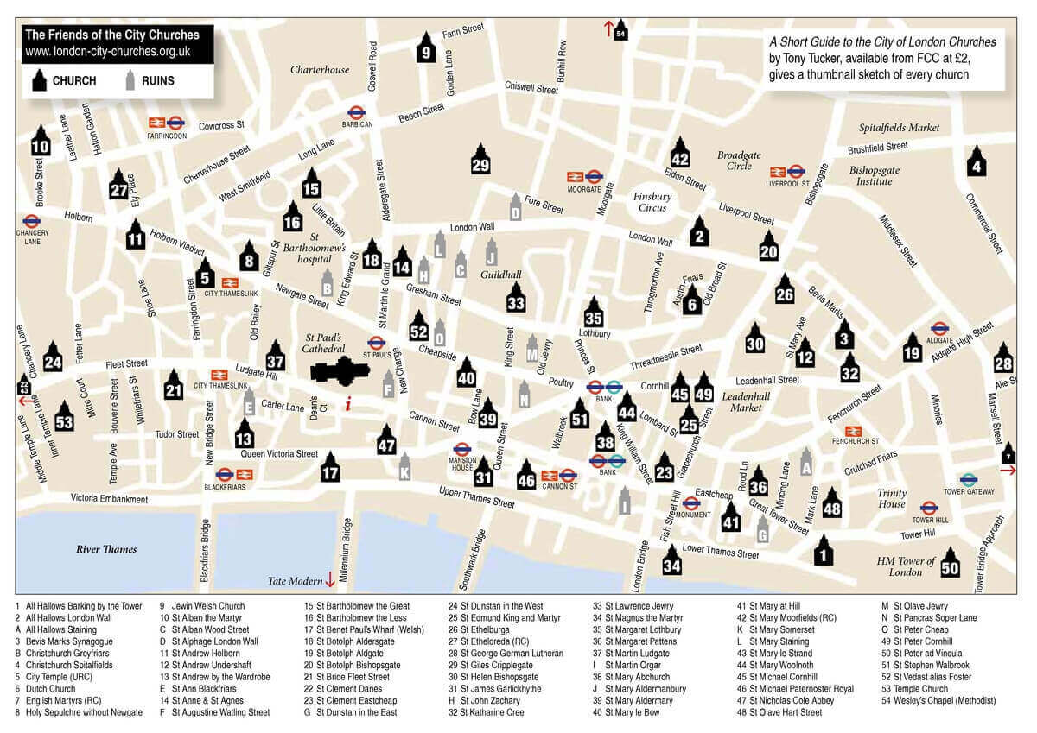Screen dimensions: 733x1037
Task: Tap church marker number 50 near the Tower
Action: tap(950, 564)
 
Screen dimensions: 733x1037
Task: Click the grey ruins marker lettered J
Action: tap(491, 253)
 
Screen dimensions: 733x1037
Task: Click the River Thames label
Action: tap(106, 549)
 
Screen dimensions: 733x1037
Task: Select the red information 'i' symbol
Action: tap(347, 403)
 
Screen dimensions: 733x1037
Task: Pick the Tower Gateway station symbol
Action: tap(969, 479)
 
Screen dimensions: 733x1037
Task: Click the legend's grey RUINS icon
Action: tap(130, 81)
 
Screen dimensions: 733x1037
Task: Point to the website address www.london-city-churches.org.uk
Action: tap(108, 52)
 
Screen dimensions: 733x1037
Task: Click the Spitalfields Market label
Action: tap(899, 128)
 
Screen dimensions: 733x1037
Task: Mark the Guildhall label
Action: tap(502, 275)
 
